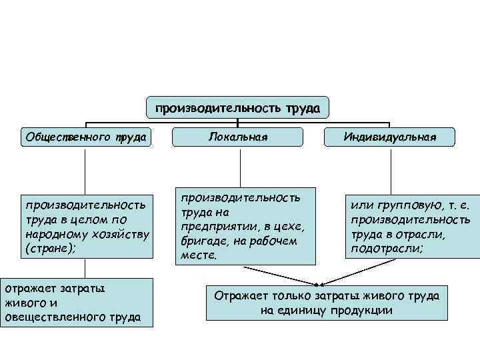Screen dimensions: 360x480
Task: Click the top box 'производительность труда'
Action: coord(238,107)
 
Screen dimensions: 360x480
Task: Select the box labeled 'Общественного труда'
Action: coord(85,137)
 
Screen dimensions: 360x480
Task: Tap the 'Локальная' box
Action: coord(238,137)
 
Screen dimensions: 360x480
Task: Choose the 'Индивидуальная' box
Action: coord(390,137)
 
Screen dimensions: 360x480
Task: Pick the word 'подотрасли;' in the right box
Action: coord(385,249)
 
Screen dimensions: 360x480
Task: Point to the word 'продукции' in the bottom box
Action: coord(363,310)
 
